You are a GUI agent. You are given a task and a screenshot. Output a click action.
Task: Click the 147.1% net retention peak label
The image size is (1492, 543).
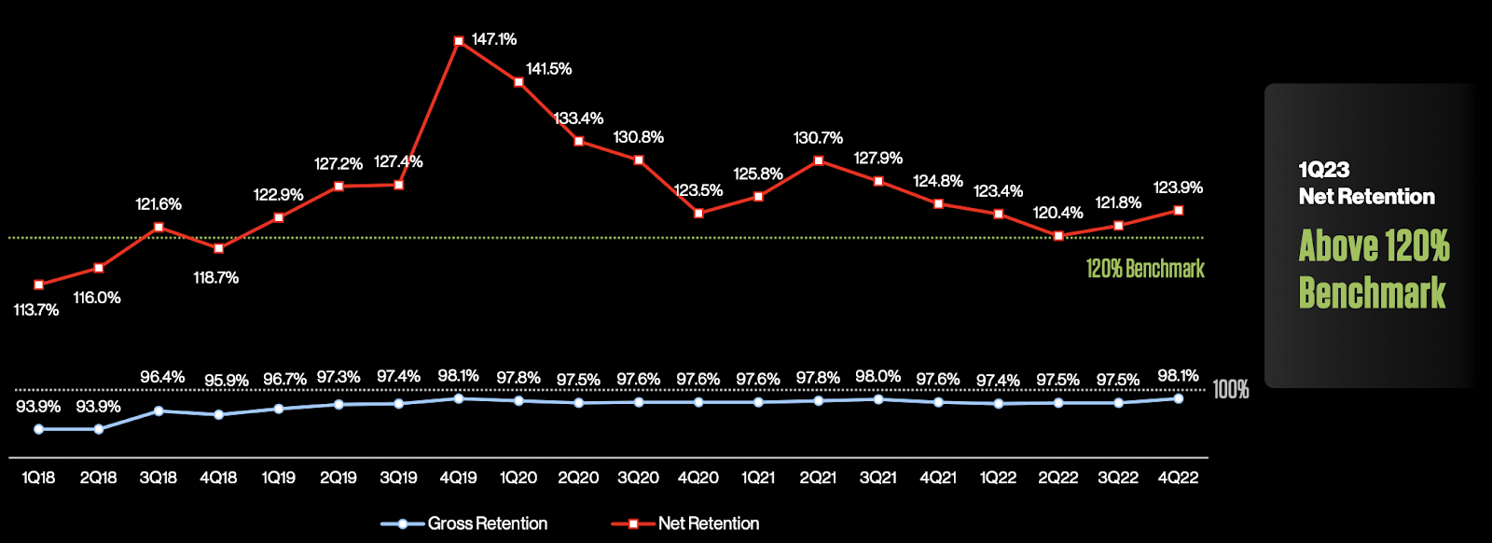pyautogui.click(x=493, y=39)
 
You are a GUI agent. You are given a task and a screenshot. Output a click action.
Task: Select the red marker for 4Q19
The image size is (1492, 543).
pyautogui.click(x=459, y=41)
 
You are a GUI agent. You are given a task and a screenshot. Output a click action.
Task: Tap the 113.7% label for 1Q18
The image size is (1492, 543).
pyautogui.click(x=36, y=310)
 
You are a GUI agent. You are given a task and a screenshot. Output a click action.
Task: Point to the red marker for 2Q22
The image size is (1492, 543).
pyautogui.click(x=1058, y=236)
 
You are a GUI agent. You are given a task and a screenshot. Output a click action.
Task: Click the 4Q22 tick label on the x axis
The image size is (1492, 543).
pyautogui.click(x=1178, y=478)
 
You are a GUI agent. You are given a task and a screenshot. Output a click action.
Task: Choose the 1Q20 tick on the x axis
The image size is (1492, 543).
pyautogui.click(x=518, y=478)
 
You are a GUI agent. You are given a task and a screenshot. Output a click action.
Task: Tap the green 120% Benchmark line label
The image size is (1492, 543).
pyautogui.click(x=1145, y=270)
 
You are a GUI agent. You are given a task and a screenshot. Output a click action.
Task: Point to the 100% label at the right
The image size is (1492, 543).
pyautogui.click(x=1231, y=390)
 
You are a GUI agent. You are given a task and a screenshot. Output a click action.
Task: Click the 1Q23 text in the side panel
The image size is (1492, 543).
pyautogui.click(x=1324, y=170)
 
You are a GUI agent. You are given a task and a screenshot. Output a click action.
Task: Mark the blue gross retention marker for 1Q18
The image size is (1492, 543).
pyautogui.click(x=39, y=429)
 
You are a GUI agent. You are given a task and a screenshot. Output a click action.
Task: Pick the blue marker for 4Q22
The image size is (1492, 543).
pyautogui.click(x=1179, y=398)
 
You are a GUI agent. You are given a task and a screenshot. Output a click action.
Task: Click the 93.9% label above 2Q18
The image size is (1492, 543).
pyautogui.click(x=98, y=407)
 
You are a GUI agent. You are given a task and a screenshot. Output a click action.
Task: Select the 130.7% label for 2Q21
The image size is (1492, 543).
pyautogui.click(x=818, y=138)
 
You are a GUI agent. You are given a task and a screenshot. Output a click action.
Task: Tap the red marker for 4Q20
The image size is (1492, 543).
pyautogui.click(x=699, y=213)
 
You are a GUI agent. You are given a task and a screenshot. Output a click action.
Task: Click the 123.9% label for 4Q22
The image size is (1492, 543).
pyautogui.click(x=1178, y=188)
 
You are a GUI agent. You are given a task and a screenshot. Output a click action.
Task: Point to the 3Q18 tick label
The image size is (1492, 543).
pyautogui.click(x=159, y=478)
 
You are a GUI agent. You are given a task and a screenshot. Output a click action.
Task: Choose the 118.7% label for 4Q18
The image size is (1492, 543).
pyautogui.click(x=216, y=278)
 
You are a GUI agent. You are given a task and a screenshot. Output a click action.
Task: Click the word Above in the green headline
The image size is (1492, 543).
pyautogui.click(x=1339, y=246)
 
